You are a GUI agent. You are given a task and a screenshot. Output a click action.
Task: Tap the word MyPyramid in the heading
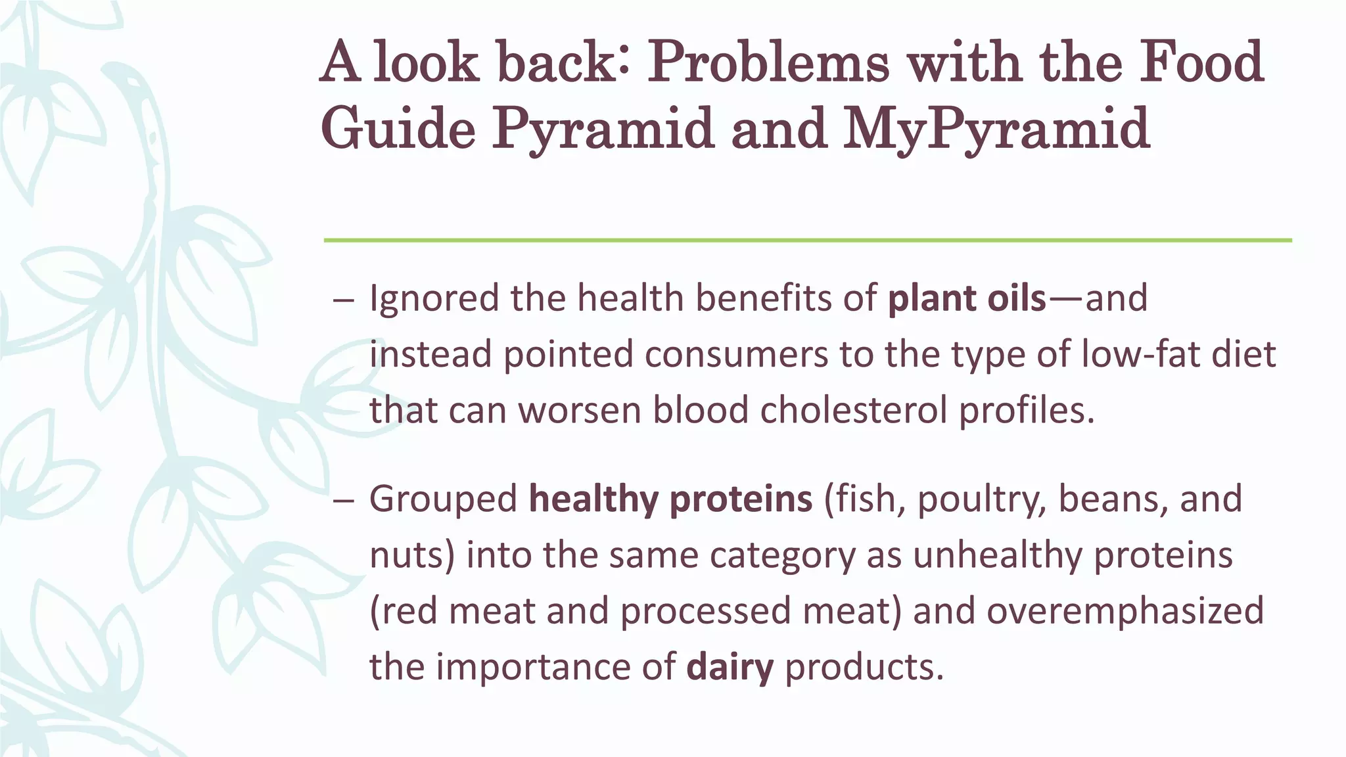[996, 128]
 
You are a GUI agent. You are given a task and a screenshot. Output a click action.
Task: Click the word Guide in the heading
[398, 128]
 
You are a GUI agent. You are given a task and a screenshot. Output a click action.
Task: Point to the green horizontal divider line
[807, 241]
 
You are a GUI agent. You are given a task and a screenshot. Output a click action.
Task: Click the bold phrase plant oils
[966, 298]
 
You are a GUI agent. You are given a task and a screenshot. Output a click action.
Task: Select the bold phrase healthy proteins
[670, 499]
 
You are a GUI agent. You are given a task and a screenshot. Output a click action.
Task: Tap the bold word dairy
[730, 667]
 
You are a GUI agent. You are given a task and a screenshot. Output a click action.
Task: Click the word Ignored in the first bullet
[434, 299]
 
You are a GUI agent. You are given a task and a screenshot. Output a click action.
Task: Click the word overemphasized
[1125, 611]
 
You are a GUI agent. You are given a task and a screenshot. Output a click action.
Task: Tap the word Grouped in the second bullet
[443, 499]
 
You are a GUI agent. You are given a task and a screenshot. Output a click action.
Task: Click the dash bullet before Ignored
[343, 300]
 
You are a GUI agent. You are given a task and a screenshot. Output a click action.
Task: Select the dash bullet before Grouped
[343, 500]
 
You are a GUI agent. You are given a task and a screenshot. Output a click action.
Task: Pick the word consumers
[735, 354]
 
